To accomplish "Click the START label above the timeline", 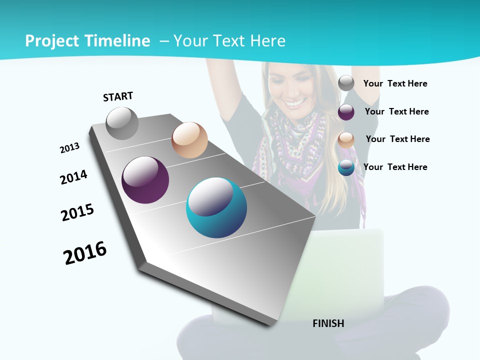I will [x=118, y=96].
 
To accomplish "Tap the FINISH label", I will [x=328, y=323].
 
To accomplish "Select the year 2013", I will [x=69, y=148].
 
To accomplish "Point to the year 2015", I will [x=77, y=212].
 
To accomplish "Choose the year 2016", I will [x=85, y=253].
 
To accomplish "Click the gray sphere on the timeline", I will [x=122, y=123].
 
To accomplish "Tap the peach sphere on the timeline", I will [x=189, y=140].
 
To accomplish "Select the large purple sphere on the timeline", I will [x=145, y=180].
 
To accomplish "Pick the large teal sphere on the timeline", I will [x=216, y=207].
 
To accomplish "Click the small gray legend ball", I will [x=346, y=83].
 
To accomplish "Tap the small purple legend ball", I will [x=346, y=112].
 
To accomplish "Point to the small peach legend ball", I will [x=346, y=140].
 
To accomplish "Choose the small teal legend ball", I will [x=346, y=167].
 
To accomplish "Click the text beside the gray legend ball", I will [x=395, y=83].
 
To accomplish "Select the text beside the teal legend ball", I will [x=395, y=167].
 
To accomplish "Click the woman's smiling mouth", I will [x=295, y=103].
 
